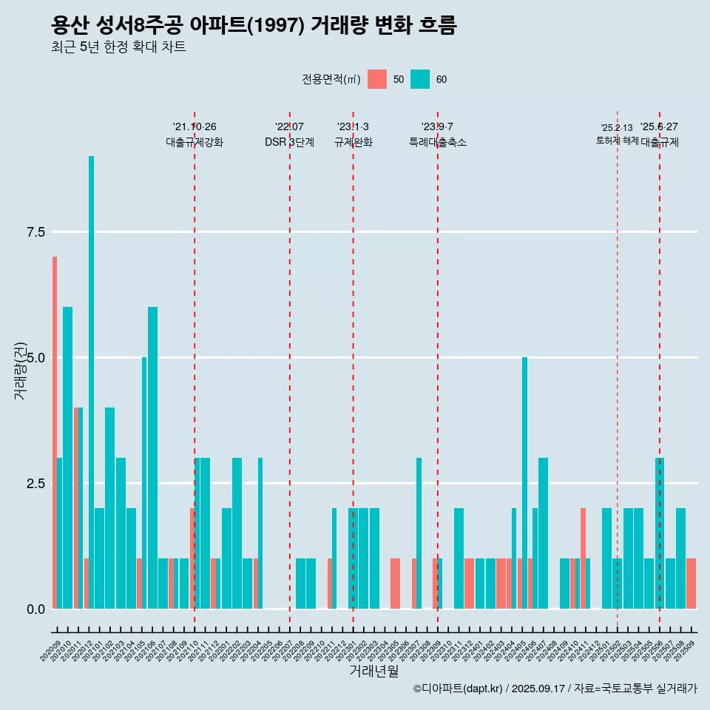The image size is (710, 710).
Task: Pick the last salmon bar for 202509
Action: coord(691,584)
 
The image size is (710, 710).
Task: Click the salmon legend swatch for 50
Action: coord(377,79)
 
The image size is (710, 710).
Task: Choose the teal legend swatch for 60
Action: coord(420,79)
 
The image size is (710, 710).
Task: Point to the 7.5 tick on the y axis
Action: coord(35,232)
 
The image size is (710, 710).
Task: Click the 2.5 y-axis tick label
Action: coord(35,484)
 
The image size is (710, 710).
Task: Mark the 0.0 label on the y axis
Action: coord(35,609)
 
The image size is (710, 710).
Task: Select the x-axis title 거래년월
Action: coord(373,672)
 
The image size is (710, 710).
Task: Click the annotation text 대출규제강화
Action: coord(195,142)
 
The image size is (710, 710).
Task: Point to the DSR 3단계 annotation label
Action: coord(289,142)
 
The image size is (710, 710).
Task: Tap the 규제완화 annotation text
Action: coord(353,142)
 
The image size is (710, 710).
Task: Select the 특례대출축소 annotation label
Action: coord(438,142)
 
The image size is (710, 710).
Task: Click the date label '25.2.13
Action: coord(617,128)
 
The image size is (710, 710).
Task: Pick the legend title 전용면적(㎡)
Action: coord(331,79)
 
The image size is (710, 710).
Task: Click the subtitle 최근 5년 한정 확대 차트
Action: coord(118,47)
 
